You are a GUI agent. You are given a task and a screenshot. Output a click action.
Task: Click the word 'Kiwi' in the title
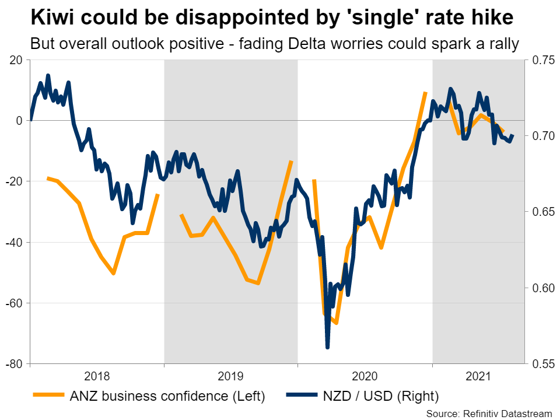[x=52, y=18]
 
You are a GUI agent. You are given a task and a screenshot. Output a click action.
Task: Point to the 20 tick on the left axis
[x=16, y=60]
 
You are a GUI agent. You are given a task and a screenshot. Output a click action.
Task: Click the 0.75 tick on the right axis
[x=540, y=60]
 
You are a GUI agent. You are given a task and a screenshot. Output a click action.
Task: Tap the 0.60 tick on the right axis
[x=540, y=288]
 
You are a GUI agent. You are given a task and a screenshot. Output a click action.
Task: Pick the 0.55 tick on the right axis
[x=540, y=364]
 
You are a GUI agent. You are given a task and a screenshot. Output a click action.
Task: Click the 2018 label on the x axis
[x=97, y=376]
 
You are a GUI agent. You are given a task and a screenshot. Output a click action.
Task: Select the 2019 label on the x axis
[x=231, y=376]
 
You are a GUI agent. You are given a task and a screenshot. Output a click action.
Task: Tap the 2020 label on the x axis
[x=365, y=376]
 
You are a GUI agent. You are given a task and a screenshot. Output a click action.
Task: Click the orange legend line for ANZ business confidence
[x=52, y=397]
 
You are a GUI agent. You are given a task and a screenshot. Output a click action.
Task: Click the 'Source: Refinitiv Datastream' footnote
[x=489, y=413]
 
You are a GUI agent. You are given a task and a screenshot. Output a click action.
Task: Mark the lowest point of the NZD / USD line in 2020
[x=327, y=348]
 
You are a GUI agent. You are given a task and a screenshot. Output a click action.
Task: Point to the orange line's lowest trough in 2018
[x=113, y=273]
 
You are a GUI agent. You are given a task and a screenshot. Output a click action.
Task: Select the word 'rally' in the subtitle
[x=504, y=44]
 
